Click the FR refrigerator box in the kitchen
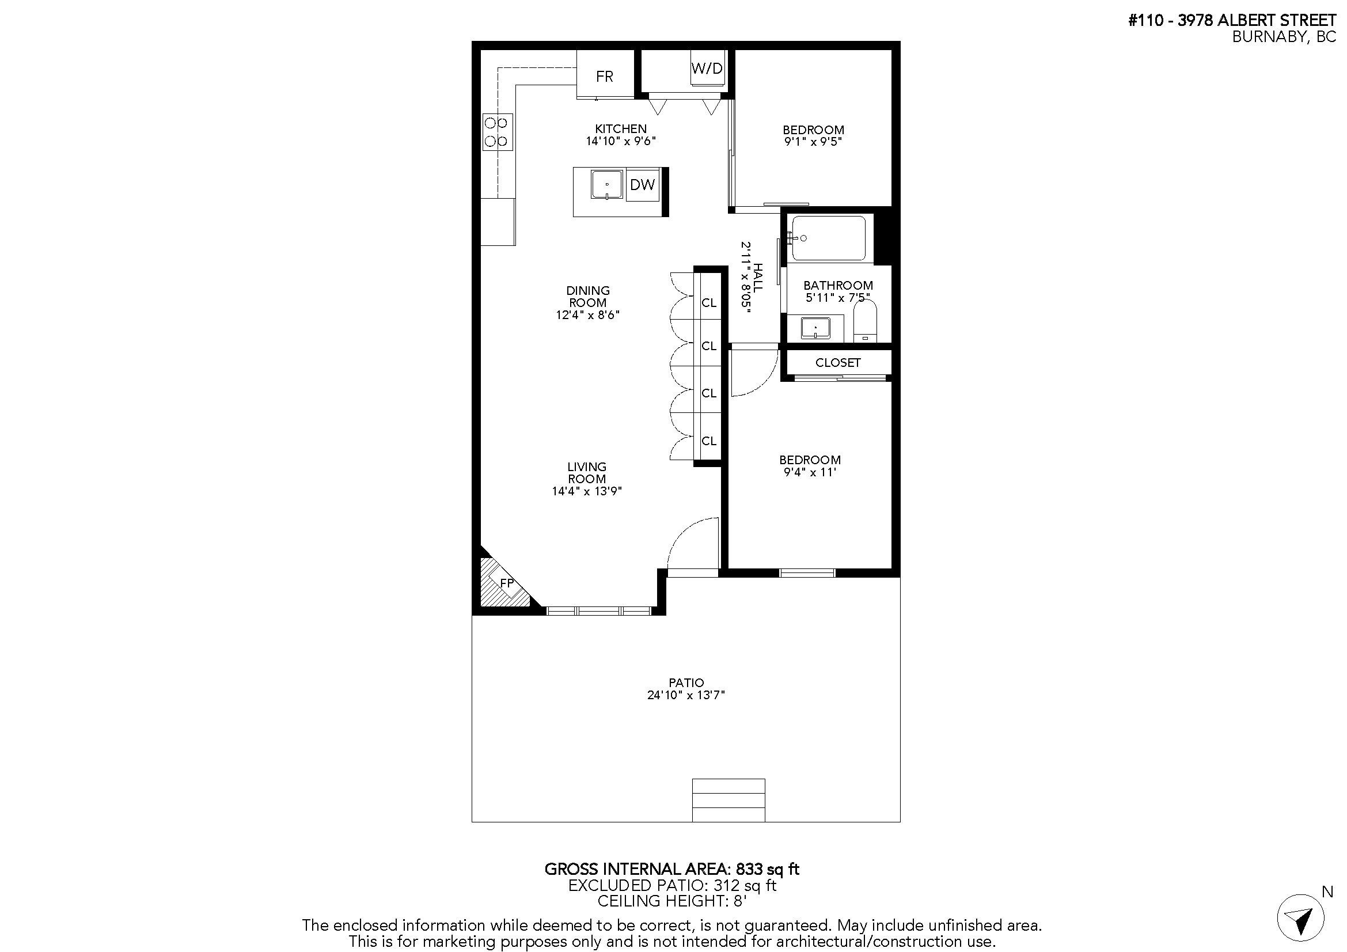(x=605, y=75)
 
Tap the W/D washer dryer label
(x=707, y=68)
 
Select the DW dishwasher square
(x=643, y=185)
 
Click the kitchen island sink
(x=606, y=185)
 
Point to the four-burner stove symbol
(x=497, y=132)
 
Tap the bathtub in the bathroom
(x=828, y=238)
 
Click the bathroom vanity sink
(x=815, y=328)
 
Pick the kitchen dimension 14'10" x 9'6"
(x=620, y=141)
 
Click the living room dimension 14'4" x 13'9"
(x=586, y=491)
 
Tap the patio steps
(x=728, y=800)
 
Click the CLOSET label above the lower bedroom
(x=838, y=362)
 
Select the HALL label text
(x=758, y=278)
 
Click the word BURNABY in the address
(x=1266, y=36)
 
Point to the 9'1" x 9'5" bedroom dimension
(x=813, y=142)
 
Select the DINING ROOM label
(x=587, y=296)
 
